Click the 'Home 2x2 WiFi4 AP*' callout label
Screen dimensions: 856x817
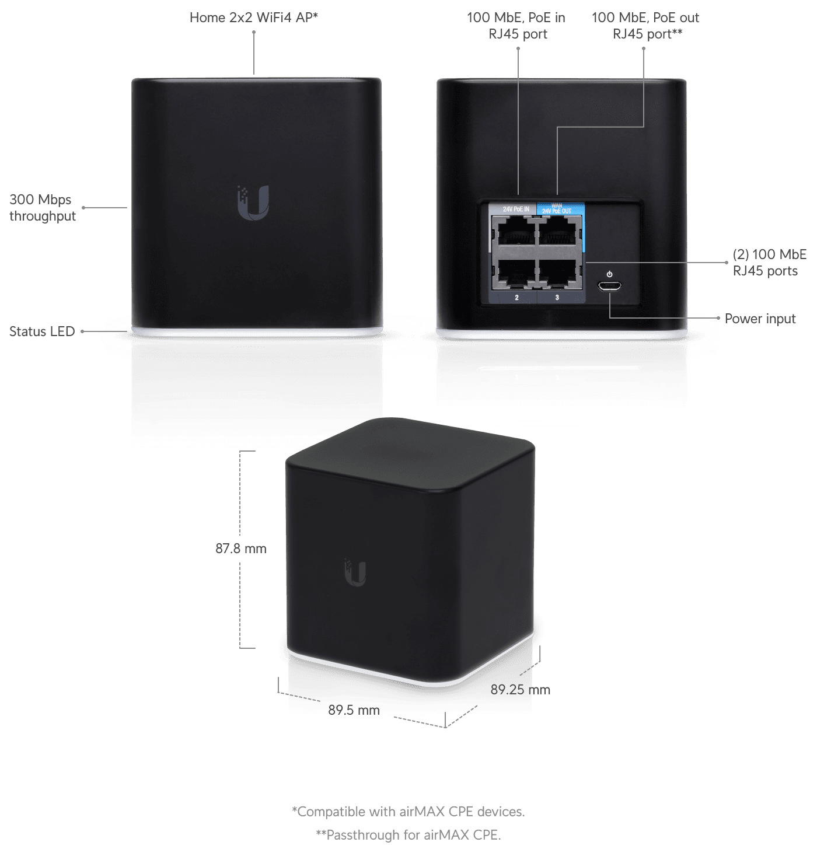point(253,18)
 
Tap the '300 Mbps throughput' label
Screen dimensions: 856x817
point(42,208)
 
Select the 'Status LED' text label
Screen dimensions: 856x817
point(42,331)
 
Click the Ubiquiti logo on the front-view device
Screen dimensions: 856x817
point(254,203)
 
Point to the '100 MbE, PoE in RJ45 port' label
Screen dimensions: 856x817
point(516,26)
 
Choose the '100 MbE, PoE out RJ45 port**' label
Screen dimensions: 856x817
point(645,26)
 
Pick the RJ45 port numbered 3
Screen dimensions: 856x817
point(559,272)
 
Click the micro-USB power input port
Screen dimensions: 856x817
point(609,286)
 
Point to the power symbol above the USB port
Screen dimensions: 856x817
point(610,274)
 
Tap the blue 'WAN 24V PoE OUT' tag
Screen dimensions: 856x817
point(557,208)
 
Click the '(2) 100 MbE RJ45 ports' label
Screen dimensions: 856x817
point(769,263)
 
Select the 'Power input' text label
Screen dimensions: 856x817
point(760,319)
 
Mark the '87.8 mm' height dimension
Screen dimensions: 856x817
point(240,548)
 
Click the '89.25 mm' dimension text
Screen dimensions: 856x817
point(520,690)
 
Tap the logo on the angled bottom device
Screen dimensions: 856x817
point(355,572)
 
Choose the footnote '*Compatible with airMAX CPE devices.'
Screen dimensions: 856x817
point(408,812)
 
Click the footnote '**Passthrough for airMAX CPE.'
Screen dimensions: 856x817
point(408,835)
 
